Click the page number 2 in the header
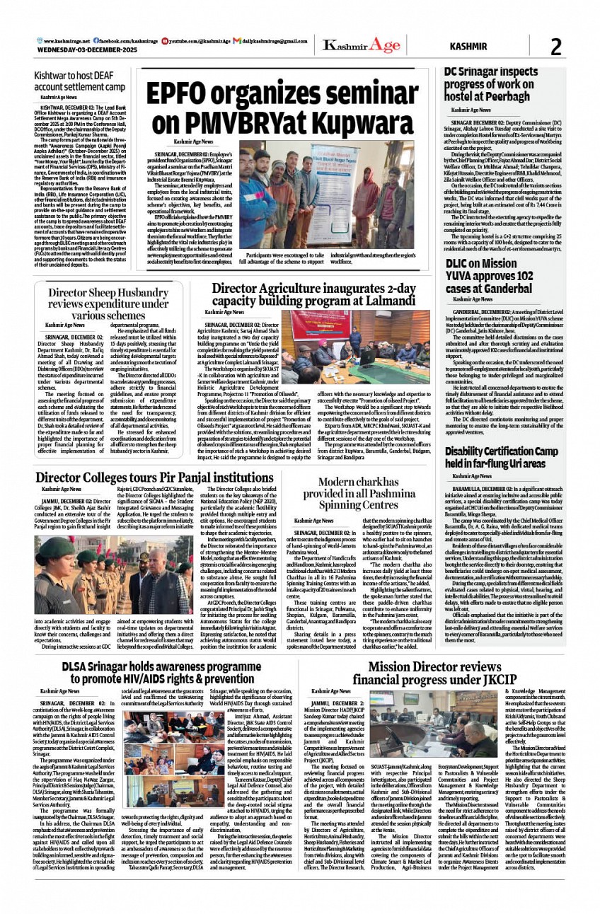coord(555,47)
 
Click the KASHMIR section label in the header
coord(468,47)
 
